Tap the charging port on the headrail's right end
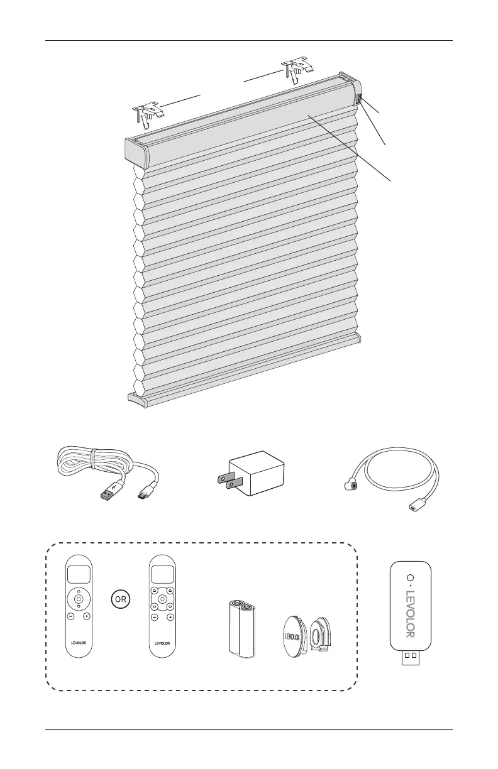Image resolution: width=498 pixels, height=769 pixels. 359,99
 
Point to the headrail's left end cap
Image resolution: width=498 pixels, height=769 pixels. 133,151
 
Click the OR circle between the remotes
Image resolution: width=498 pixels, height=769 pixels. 119,599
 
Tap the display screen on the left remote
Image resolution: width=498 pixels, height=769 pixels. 79,574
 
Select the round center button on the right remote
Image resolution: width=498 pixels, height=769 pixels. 162,599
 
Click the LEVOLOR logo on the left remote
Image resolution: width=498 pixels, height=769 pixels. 79,643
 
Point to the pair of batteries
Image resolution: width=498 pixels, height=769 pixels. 241,629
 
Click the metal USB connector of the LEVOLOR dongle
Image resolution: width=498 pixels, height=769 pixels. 409,655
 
